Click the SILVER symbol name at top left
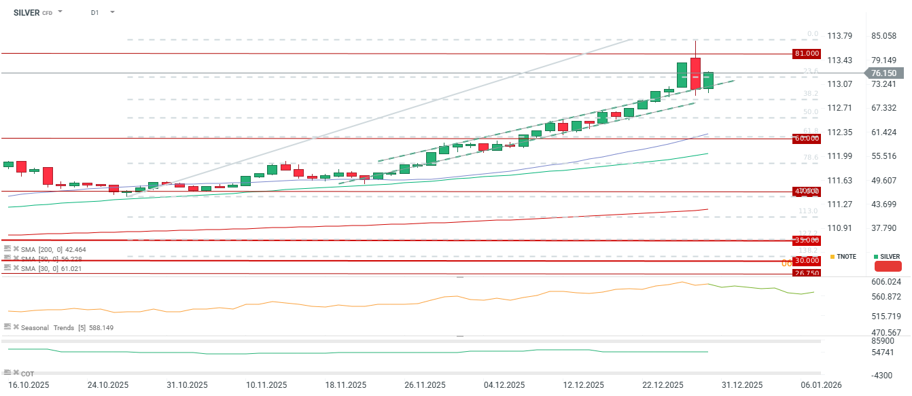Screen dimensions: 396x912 pos(27,12)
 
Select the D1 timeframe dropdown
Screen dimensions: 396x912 pos(95,12)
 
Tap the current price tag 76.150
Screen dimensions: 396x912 pos(883,73)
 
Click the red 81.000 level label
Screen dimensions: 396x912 pos(807,53)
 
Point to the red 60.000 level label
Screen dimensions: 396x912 pos(807,139)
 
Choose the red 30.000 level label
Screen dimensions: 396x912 pos(807,261)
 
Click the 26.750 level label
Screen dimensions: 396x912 pos(807,273)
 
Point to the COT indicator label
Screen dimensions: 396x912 pos(27,374)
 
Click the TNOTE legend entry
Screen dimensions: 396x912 pos(846,257)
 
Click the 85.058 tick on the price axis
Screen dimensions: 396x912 pos(883,35)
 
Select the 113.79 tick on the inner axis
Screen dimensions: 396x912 pos(840,35)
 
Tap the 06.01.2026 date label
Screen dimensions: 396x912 pos(820,384)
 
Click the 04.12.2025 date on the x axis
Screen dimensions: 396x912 pos(504,384)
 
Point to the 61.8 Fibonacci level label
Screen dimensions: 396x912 pos(810,130)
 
